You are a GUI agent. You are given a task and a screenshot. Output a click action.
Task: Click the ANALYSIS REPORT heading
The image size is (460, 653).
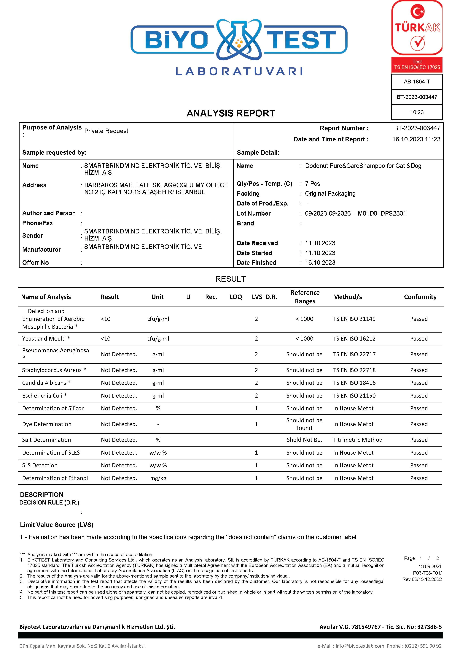tap(230, 113)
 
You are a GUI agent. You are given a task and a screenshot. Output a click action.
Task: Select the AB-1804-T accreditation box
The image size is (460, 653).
tap(417, 82)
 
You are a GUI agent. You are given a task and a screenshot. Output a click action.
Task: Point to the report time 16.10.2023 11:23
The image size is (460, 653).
tap(416, 139)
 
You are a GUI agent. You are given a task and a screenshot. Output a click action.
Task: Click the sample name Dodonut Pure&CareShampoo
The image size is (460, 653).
tap(363, 166)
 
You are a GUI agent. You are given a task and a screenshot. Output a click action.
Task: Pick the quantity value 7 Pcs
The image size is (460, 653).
tap(313, 184)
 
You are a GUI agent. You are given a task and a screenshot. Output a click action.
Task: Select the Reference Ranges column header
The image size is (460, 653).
tap(305, 297)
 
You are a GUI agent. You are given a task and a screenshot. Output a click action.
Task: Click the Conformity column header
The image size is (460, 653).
tap(420, 297)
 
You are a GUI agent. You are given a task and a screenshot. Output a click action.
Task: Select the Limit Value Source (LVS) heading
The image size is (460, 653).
tap(57, 525)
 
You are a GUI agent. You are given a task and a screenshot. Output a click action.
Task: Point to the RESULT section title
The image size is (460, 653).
tap(230, 279)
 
